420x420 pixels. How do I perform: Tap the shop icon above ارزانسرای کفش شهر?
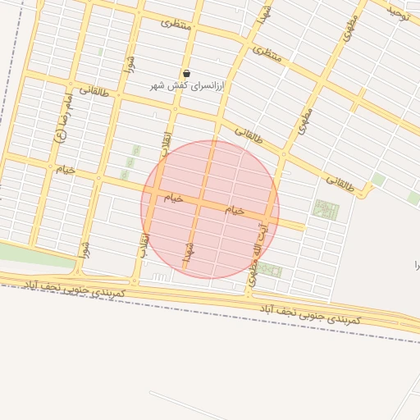(187, 74)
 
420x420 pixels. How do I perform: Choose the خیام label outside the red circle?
(64, 169)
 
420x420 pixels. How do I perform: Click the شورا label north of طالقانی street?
(128, 62)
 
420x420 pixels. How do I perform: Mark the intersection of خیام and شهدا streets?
(199, 203)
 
